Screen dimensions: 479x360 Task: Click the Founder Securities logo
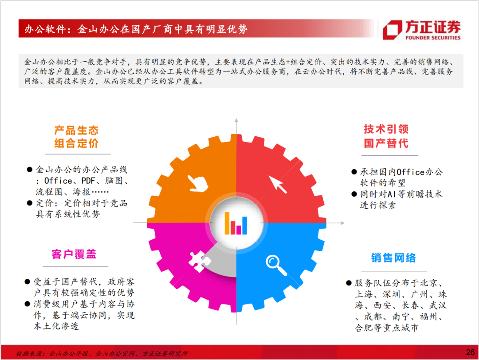coord(422,30)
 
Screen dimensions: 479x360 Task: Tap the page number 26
coord(470,352)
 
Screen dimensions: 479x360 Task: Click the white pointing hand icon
coord(198,183)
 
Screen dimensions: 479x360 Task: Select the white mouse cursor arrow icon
coord(278,184)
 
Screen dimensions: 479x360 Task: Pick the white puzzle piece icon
coord(200,261)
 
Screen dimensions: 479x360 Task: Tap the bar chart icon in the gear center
coord(236,223)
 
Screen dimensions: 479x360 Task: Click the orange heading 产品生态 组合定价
coord(76,137)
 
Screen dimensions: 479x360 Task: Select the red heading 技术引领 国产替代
coord(386,136)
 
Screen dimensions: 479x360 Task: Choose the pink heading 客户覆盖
coord(74,254)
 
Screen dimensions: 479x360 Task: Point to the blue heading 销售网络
coord(393,258)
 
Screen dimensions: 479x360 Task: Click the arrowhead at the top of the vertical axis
coord(236,120)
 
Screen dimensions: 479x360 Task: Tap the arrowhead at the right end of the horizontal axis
coord(342,223)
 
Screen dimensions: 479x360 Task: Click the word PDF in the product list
coord(88,181)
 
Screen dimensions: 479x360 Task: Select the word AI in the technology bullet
coord(391,194)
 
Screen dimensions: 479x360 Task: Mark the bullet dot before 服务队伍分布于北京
coord(349,283)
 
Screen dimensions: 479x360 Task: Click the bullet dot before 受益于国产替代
coord(27,281)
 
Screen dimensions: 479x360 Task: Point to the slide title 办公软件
coord(45,29)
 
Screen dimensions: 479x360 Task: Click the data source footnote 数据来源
coord(102,354)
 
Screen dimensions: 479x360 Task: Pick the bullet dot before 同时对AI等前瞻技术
coord(354,194)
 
